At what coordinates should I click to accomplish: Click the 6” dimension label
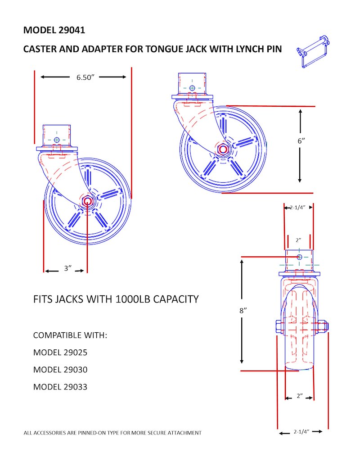tap(301, 140)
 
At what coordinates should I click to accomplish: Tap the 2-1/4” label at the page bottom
tap(301, 431)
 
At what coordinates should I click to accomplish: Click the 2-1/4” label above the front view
tap(298, 208)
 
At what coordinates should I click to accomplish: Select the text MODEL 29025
tap(60, 353)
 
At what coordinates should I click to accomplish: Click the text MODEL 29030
tap(60, 370)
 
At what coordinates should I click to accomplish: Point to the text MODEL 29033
tap(60, 386)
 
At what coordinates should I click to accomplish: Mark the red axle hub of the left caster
tap(87, 201)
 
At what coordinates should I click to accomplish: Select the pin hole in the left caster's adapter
tap(57, 139)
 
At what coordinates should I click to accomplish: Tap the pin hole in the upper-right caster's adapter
tap(192, 88)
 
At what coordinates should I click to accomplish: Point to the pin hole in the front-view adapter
tap(299, 257)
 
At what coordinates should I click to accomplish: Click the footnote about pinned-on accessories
tap(112, 433)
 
